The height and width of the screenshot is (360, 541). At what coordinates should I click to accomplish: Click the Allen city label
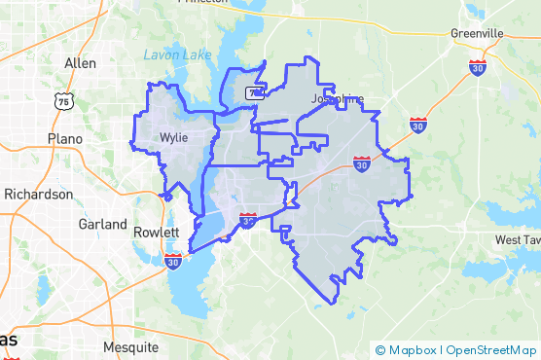(x=80, y=63)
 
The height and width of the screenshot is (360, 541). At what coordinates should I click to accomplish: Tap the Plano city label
(x=66, y=139)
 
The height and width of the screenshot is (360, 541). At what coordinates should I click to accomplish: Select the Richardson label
(x=38, y=194)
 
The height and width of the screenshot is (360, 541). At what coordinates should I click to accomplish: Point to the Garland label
(x=103, y=224)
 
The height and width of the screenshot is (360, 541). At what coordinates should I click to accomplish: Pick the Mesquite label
(x=130, y=346)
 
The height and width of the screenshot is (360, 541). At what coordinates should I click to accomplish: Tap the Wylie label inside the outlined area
(x=173, y=138)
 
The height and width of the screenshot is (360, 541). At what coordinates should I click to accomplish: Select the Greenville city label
(x=477, y=33)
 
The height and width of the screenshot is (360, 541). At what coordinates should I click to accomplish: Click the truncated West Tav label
(x=517, y=239)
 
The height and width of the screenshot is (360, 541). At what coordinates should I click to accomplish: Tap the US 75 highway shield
(x=64, y=100)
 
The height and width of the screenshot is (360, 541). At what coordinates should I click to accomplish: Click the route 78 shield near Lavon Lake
(x=254, y=93)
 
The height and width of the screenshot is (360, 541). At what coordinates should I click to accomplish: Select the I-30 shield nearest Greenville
(x=477, y=66)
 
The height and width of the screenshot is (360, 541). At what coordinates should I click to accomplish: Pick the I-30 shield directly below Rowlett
(x=173, y=260)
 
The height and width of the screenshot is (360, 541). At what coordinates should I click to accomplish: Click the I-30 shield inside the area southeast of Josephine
(x=361, y=163)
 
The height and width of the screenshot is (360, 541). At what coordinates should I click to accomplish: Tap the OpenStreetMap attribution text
(x=491, y=349)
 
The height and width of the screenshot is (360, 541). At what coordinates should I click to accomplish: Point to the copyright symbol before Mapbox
(x=380, y=349)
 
